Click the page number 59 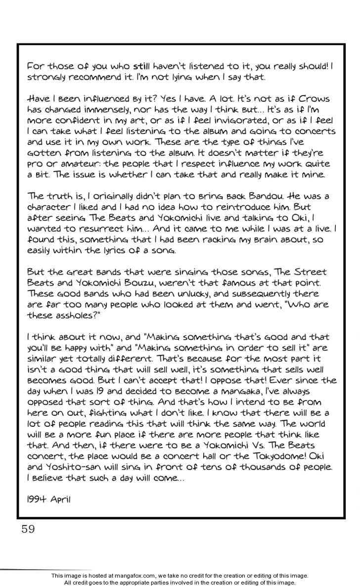(28, 529)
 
